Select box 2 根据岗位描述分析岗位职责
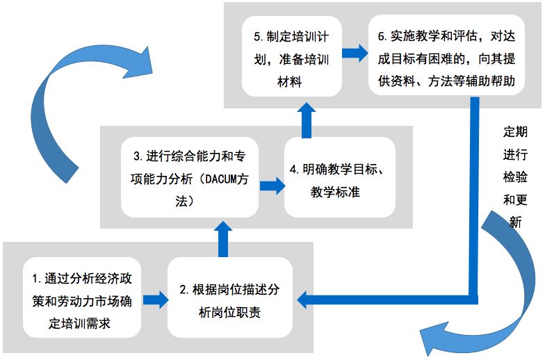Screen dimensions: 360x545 [230, 300]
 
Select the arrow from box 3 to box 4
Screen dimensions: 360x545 [272, 185]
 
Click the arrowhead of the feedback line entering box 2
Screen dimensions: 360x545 [304, 300]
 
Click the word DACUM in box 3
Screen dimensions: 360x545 [220, 179]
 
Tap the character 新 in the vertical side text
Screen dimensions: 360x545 [515, 222]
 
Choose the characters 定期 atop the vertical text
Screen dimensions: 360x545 [515, 131]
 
